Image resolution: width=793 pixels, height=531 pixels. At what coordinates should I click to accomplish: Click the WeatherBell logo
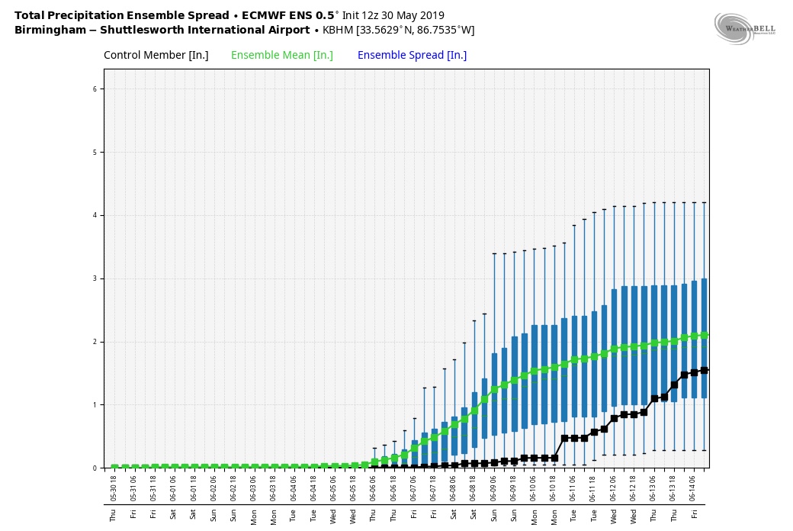pyautogui.click(x=744, y=29)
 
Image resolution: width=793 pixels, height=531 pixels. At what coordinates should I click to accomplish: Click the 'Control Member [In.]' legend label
pyautogui.click(x=156, y=55)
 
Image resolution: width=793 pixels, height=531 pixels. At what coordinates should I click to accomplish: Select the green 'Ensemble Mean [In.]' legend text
pyautogui.click(x=282, y=55)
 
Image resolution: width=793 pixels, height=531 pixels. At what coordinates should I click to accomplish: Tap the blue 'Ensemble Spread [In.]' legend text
pyautogui.click(x=412, y=55)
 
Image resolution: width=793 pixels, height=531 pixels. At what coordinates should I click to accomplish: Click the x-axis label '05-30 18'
pyautogui.click(x=114, y=488)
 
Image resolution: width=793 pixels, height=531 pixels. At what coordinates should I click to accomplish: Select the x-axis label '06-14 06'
pyautogui.click(x=693, y=488)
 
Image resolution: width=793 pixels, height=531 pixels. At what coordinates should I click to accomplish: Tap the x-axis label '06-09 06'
pyautogui.click(x=493, y=488)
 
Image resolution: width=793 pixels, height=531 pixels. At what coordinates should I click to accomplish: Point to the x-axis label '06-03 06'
pyautogui.click(x=254, y=488)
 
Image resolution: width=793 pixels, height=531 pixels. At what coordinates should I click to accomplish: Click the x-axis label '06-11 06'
pyautogui.click(x=573, y=488)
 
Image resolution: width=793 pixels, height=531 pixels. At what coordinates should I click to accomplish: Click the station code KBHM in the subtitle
pyautogui.click(x=338, y=31)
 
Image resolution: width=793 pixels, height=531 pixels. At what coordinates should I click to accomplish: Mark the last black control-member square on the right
pyautogui.click(x=704, y=370)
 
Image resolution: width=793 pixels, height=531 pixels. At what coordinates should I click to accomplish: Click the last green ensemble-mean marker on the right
pyautogui.click(x=704, y=335)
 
